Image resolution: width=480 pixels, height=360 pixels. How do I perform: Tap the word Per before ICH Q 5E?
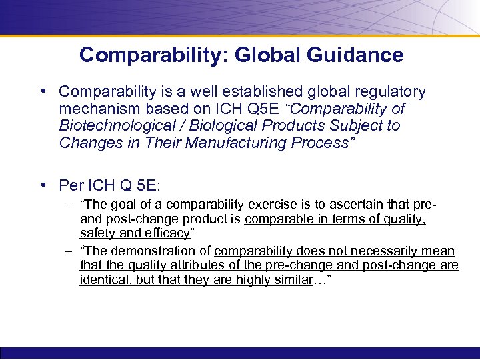click(x=71, y=185)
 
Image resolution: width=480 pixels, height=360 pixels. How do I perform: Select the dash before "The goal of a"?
click(x=69, y=204)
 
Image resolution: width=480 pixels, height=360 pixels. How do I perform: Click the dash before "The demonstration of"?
click(x=69, y=251)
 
